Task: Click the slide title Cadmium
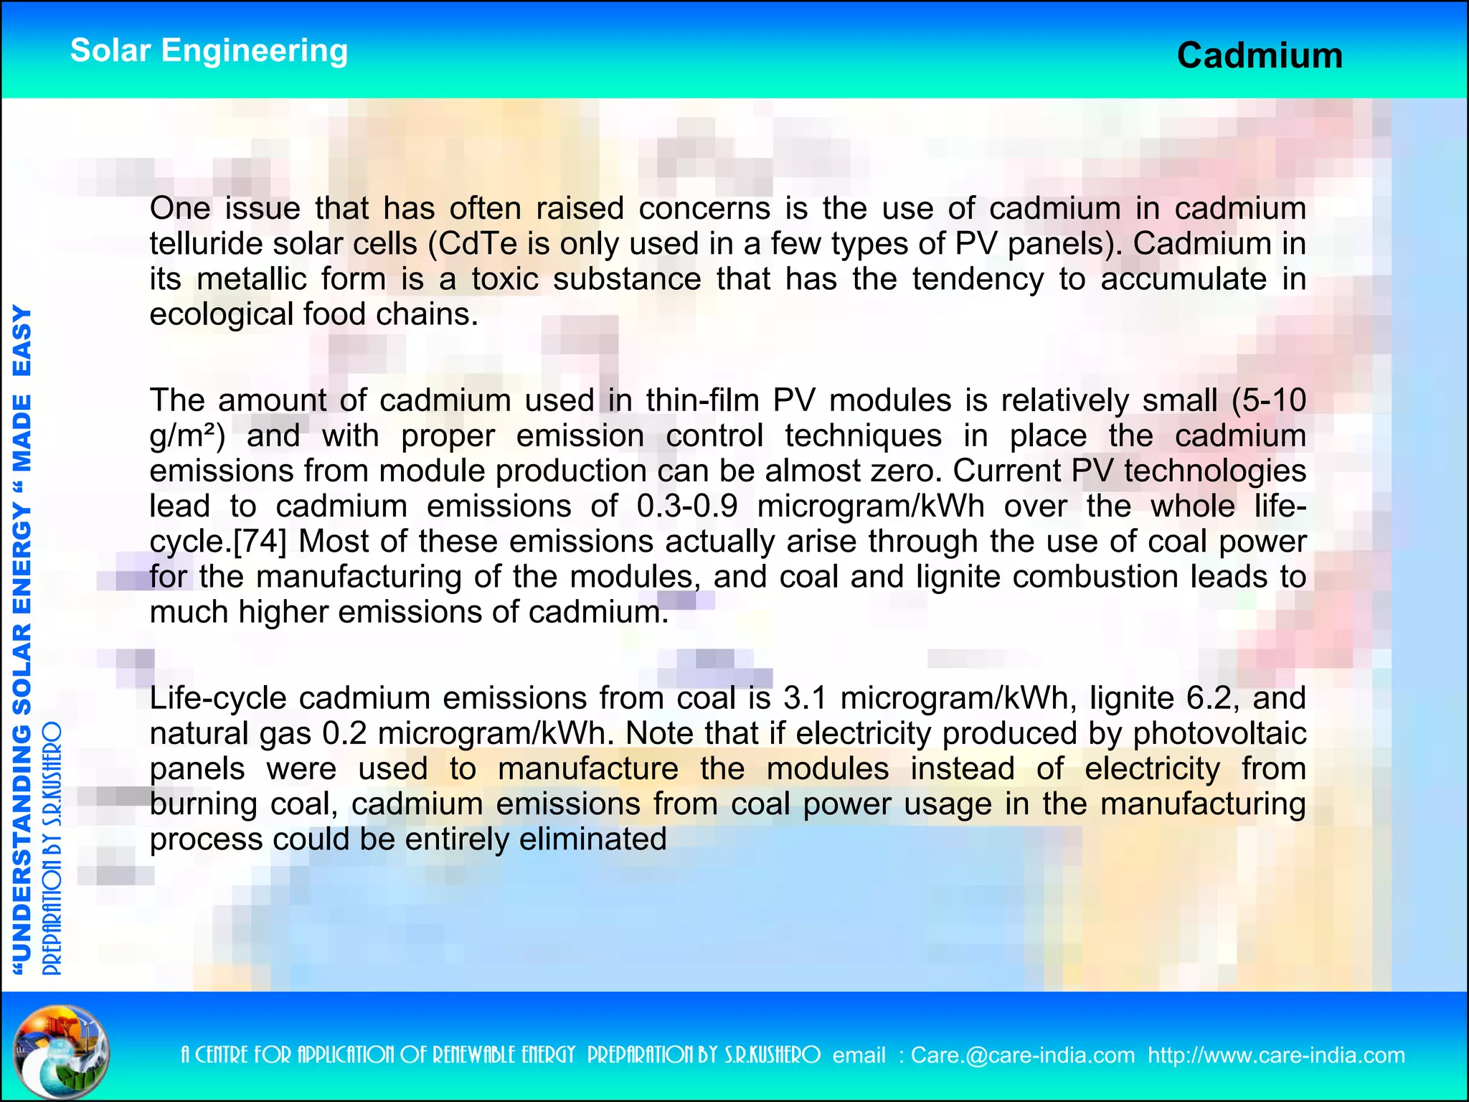pyautogui.click(x=1260, y=56)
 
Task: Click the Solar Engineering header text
pyautogui.click(x=209, y=51)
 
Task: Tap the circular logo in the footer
pyautogui.click(x=62, y=1052)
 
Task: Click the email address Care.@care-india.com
pyautogui.click(x=1022, y=1055)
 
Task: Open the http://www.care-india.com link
pyautogui.click(x=1276, y=1055)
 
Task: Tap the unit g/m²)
pyautogui.click(x=188, y=436)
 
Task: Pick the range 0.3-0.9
pyautogui.click(x=686, y=507)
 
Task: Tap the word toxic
pyautogui.click(x=505, y=279)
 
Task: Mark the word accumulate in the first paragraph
pyautogui.click(x=1184, y=279)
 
